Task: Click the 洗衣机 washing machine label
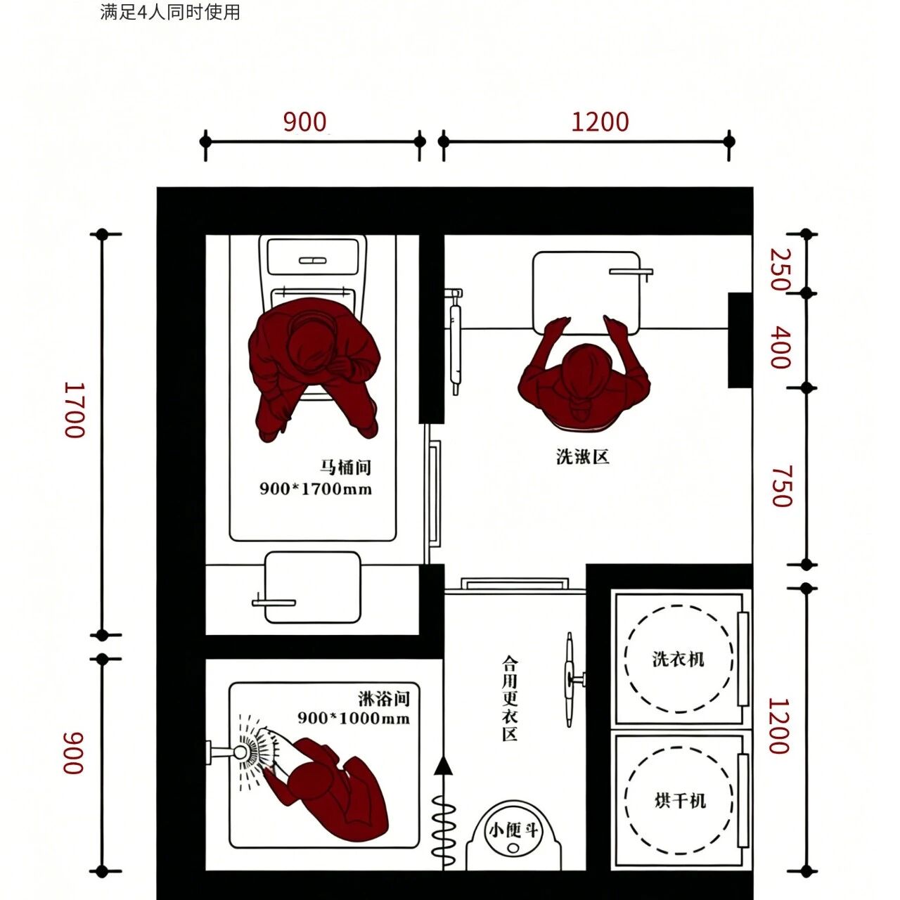click(x=678, y=660)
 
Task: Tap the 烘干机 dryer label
click(x=680, y=802)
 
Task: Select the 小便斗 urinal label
click(x=513, y=831)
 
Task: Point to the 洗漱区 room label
click(x=583, y=456)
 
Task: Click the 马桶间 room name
click(x=345, y=467)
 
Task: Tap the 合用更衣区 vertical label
click(x=510, y=705)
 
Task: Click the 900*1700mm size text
click(x=316, y=489)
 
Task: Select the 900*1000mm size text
click(x=354, y=718)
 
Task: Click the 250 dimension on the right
click(x=780, y=269)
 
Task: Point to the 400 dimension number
click(x=780, y=348)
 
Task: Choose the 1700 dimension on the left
click(x=75, y=410)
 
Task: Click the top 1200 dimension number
click(x=600, y=122)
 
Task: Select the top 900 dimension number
click(x=304, y=122)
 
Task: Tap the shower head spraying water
click(x=241, y=765)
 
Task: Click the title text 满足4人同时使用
click(x=170, y=12)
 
